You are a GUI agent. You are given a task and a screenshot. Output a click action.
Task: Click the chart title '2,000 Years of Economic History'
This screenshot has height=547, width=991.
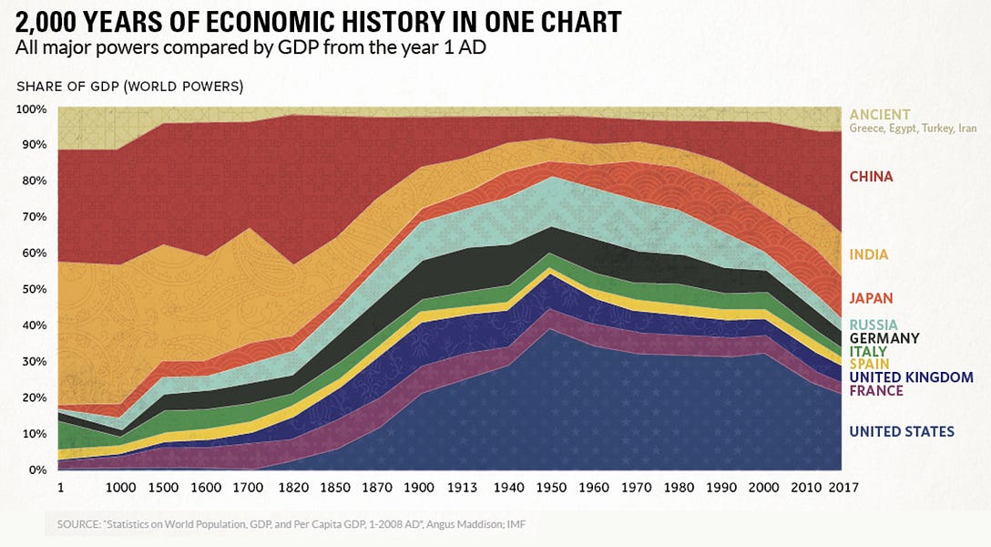click(x=319, y=22)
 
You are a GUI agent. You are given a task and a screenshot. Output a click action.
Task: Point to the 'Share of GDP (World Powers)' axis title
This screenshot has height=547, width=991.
click(x=129, y=87)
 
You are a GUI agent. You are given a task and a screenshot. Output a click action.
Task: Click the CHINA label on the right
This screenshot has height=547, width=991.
click(x=871, y=177)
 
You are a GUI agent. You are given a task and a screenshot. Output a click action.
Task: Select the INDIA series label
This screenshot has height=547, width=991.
click(x=868, y=255)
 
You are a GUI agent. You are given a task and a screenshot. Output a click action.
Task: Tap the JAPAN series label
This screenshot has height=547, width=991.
click(x=871, y=298)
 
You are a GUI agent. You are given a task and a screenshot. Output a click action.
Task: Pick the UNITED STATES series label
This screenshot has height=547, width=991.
click(x=902, y=431)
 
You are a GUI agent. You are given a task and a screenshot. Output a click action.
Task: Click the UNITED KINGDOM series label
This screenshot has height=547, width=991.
click(x=911, y=377)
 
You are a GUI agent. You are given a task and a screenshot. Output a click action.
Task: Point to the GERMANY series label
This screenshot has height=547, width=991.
click(x=884, y=338)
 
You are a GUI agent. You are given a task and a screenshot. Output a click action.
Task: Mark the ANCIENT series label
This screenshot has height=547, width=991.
click(x=879, y=115)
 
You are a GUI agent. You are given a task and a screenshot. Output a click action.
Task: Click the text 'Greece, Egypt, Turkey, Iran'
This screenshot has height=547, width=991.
click(x=912, y=129)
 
